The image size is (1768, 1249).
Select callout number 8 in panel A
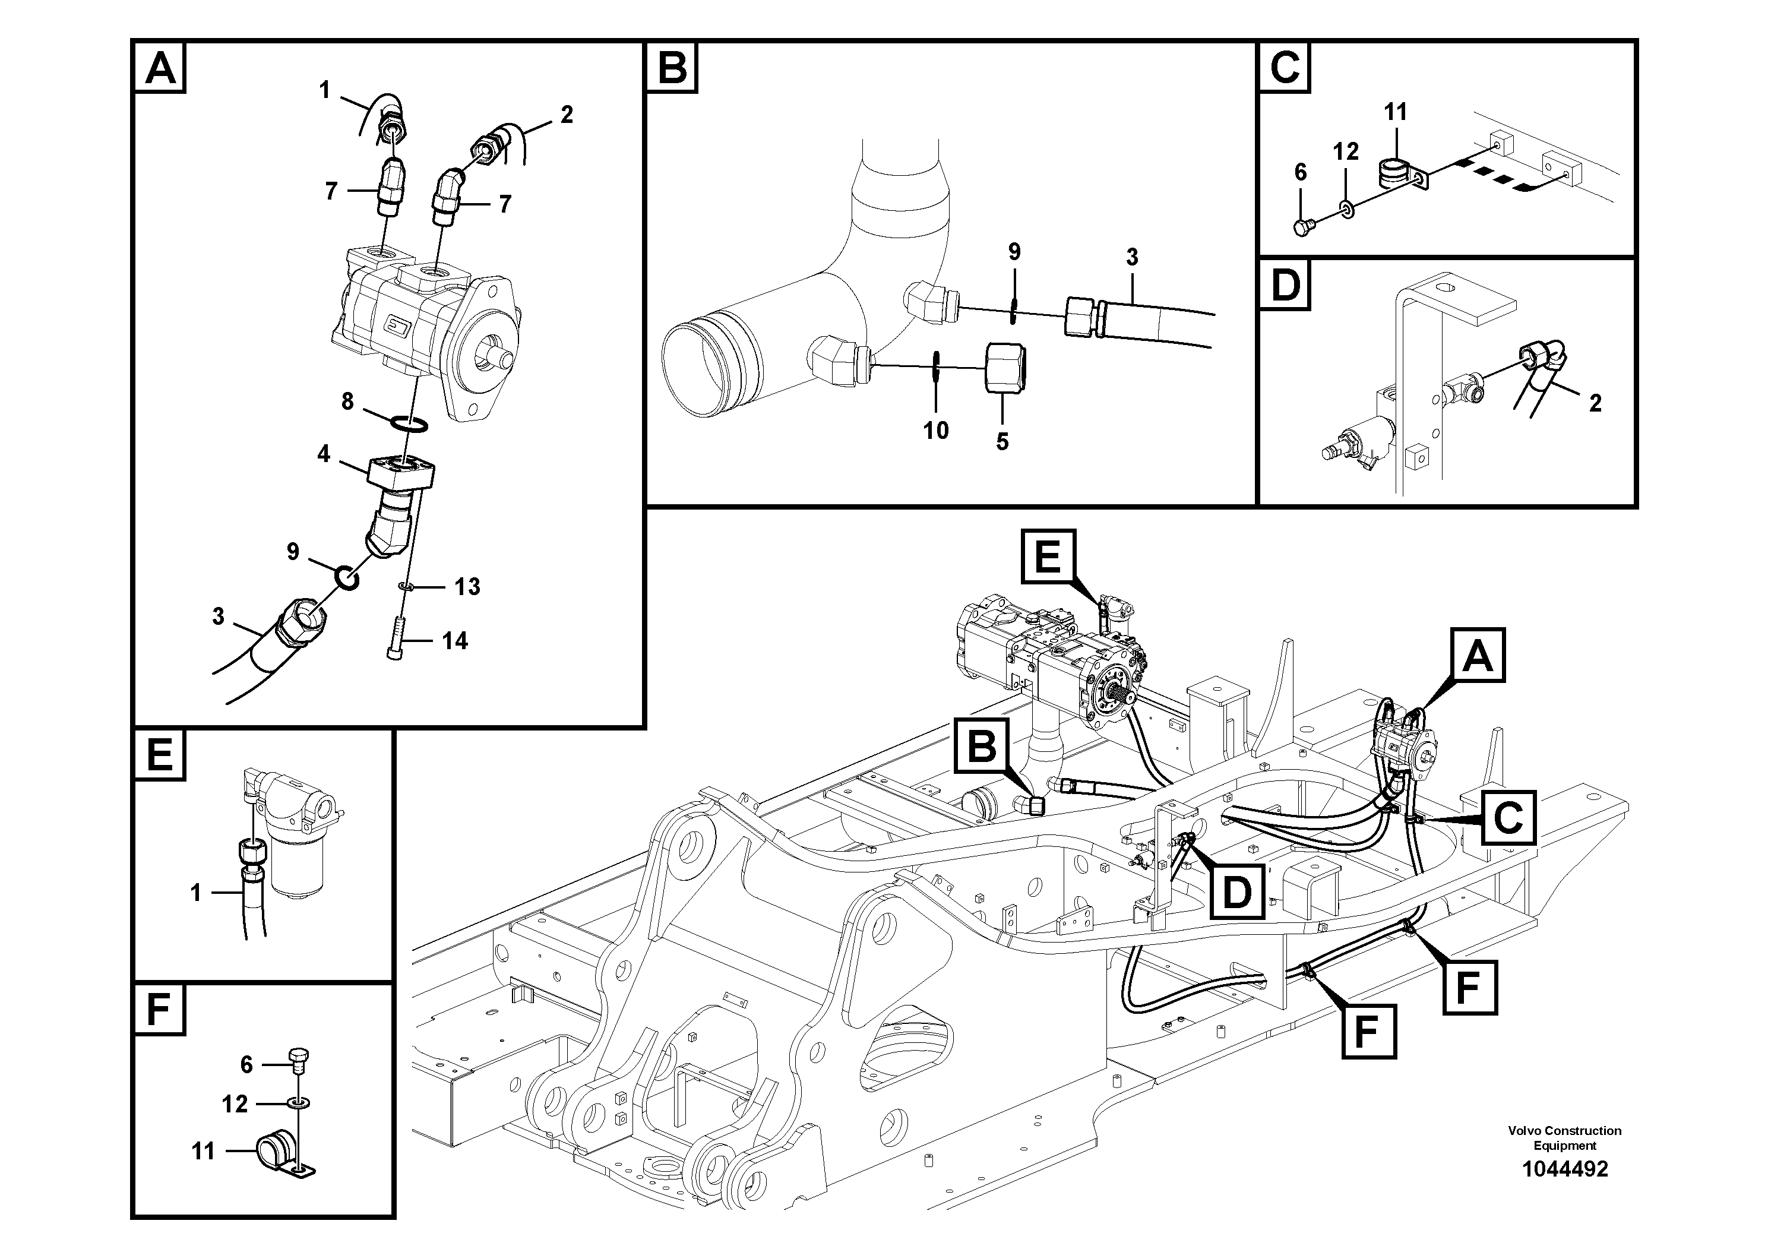click(x=347, y=401)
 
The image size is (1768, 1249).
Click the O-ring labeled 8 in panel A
click(x=408, y=423)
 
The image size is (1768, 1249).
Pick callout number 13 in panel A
click(x=467, y=587)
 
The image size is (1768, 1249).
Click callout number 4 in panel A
click(x=324, y=454)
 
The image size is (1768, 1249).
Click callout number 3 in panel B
click(x=1131, y=257)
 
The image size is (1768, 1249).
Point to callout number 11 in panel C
click(x=1394, y=112)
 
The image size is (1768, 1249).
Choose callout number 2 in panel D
click(x=1595, y=403)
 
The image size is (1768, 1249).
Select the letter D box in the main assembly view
click(x=1236, y=891)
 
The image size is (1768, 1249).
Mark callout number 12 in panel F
click(x=235, y=1104)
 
